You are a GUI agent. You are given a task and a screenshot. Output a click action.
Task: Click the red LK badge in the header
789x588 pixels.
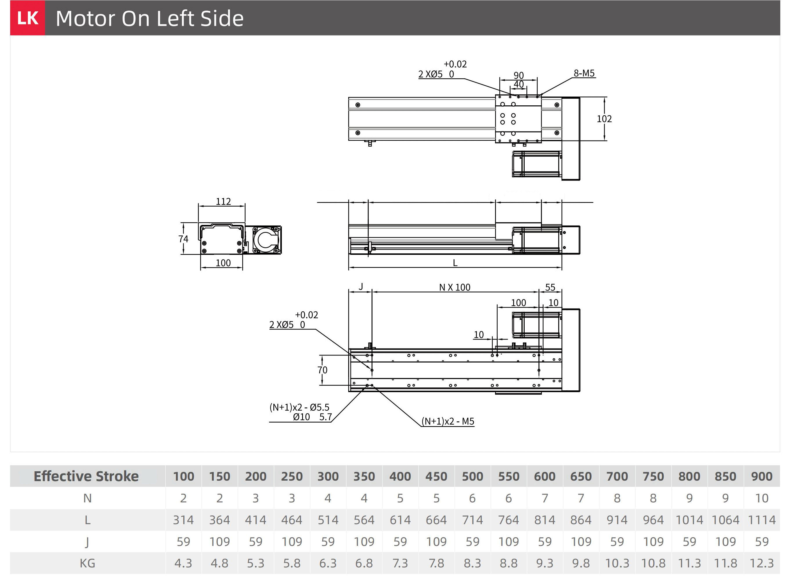click(27, 18)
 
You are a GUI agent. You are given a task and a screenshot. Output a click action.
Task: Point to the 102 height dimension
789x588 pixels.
click(604, 119)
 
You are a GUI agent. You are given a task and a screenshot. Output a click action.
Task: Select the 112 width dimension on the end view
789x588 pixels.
click(223, 201)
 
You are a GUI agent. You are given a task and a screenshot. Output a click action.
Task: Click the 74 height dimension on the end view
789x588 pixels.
click(183, 239)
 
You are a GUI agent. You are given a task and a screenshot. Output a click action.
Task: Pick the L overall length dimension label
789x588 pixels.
click(455, 263)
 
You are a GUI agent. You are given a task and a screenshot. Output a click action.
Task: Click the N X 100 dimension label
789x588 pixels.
click(454, 287)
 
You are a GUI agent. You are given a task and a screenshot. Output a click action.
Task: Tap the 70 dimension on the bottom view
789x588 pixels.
click(322, 370)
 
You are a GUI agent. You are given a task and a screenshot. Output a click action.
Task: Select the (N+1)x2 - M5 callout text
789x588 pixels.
click(448, 421)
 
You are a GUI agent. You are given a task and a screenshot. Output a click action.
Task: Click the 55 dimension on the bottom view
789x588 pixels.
click(550, 287)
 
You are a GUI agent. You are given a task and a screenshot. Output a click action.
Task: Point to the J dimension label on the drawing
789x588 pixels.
click(361, 286)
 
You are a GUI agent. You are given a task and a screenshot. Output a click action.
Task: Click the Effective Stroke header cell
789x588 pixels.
click(86, 476)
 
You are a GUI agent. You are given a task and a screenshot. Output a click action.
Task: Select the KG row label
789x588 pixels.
click(87, 563)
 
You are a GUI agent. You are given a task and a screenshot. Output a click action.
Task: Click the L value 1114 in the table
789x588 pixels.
click(762, 520)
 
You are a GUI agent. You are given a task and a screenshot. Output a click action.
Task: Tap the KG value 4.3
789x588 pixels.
click(183, 563)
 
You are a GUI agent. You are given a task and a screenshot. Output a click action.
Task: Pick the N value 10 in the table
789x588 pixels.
click(762, 498)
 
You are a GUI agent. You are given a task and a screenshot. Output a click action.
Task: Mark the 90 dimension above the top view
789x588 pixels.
click(519, 75)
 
